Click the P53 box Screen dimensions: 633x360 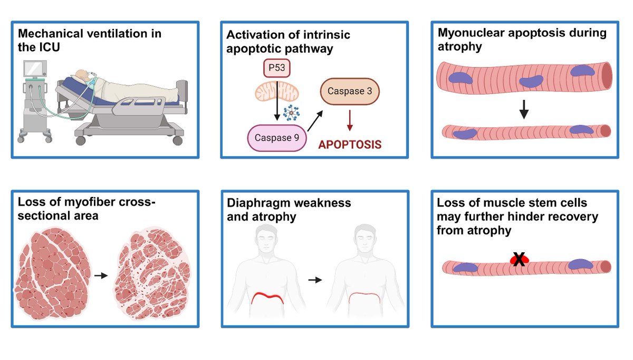coord(276,68)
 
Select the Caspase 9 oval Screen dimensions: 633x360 coord(276,138)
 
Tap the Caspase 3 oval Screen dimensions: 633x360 coord(350,91)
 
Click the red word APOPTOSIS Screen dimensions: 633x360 coord(350,145)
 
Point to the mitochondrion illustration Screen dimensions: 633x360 coord(276,91)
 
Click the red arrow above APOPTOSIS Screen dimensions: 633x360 coord(350,120)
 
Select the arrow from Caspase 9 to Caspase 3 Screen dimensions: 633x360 coord(315,121)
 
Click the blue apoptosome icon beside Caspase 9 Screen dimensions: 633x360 coord(291,112)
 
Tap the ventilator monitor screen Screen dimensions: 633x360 coord(35,69)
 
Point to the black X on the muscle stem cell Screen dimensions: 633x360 coord(519,259)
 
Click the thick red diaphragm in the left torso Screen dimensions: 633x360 coord(267,298)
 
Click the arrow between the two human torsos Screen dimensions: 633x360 coord(315,280)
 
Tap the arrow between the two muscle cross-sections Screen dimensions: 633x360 coord(101,276)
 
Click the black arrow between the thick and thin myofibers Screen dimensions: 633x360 coord(524,109)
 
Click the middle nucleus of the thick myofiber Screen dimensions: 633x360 coord(531,81)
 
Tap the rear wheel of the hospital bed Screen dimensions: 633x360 coord(177,140)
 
